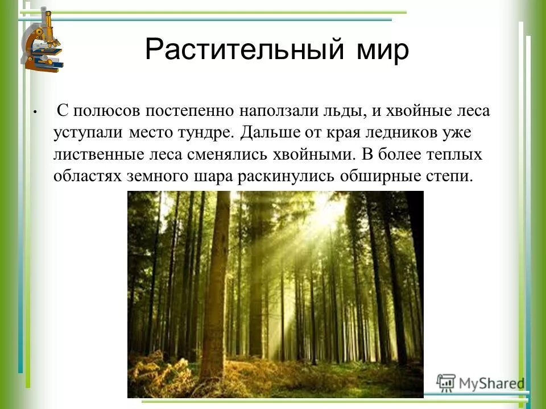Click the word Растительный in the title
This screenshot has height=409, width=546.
pyautogui.click(x=238, y=50)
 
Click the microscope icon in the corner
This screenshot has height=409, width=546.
pyautogui.click(x=43, y=41)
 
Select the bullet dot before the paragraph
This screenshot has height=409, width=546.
pyautogui.click(x=35, y=112)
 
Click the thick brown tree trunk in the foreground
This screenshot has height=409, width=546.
pyautogui.click(x=216, y=284)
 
